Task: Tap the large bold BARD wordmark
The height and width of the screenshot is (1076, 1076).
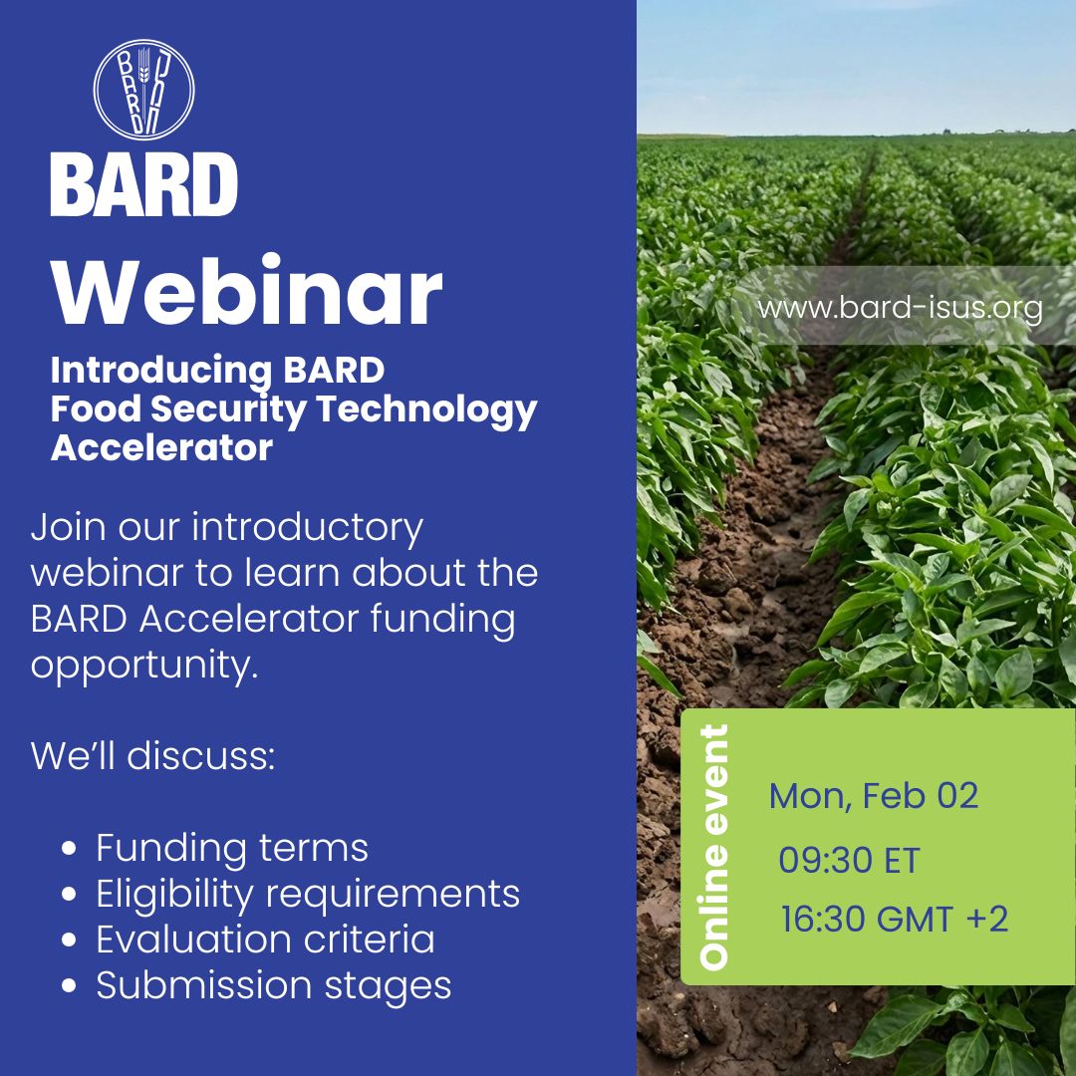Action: pyautogui.click(x=143, y=184)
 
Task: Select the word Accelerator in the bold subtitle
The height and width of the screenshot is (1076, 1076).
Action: pyautogui.click(x=161, y=448)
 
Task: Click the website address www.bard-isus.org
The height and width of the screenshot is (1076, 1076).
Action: pyautogui.click(x=900, y=307)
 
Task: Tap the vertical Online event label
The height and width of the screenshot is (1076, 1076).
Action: pyautogui.click(x=714, y=847)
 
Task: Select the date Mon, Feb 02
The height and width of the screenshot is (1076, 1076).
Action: pyautogui.click(x=874, y=795)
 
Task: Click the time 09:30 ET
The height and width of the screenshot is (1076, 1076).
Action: pyautogui.click(x=849, y=860)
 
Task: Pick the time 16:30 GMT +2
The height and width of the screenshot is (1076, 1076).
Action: pyautogui.click(x=894, y=919)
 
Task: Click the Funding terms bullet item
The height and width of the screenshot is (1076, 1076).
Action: pyautogui.click(x=232, y=848)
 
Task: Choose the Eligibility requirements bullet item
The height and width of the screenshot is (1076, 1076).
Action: pyautogui.click(x=308, y=894)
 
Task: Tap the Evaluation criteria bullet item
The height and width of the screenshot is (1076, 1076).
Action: pyautogui.click(x=265, y=940)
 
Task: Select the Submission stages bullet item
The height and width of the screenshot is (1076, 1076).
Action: pyautogui.click(x=274, y=985)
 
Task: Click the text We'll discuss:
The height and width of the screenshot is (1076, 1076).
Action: pyautogui.click(x=152, y=756)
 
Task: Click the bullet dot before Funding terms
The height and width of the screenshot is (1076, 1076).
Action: pyautogui.click(x=69, y=850)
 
